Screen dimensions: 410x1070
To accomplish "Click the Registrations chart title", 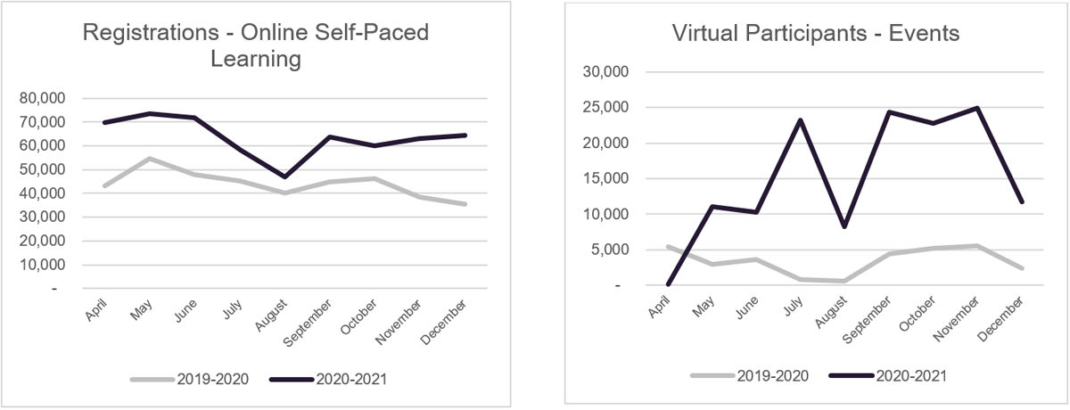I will tap(256, 46).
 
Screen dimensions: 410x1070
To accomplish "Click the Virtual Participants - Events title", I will tap(816, 35).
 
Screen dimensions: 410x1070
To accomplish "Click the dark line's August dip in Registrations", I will tap(286, 176).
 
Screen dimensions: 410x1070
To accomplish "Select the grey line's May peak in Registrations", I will tap(149, 159).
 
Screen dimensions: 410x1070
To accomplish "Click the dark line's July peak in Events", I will tap(801, 120).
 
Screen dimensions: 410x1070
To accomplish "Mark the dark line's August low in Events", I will tap(844, 226).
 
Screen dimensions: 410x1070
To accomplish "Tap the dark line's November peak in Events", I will tap(977, 108).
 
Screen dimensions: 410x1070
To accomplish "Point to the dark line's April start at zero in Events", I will tap(669, 285).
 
